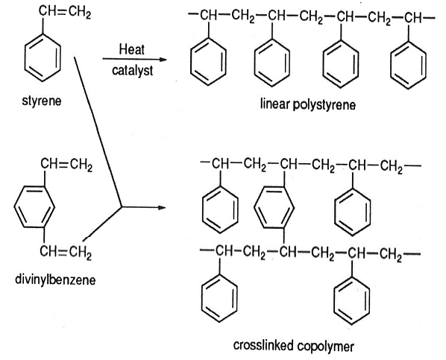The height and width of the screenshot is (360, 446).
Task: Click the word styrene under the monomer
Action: pyautogui.click(x=42, y=101)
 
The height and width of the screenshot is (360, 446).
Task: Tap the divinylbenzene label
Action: pyautogui.click(x=55, y=280)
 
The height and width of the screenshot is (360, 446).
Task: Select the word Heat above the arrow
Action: pyautogui.click(x=132, y=49)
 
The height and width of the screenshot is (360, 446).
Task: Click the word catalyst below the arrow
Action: pyautogui.click(x=132, y=70)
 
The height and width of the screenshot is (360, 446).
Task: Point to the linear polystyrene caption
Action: pyautogui.click(x=308, y=104)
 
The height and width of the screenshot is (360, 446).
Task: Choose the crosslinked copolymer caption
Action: pyautogui.click(x=294, y=346)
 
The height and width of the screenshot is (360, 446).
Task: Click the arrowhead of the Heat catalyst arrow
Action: pyautogui.click(x=163, y=60)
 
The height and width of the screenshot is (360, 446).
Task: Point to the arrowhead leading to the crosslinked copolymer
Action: pyautogui.click(x=162, y=208)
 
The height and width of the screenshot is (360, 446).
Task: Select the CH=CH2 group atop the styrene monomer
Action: pyautogui.click(x=65, y=12)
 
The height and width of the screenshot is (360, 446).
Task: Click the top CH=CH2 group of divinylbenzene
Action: pyautogui.click(x=66, y=165)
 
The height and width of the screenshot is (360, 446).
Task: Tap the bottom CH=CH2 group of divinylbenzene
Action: pyautogui.click(x=66, y=252)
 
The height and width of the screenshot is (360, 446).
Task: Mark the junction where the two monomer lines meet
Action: pyautogui.click(x=122, y=207)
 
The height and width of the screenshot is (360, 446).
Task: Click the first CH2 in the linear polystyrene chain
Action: pyautogui.click(x=243, y=16)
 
